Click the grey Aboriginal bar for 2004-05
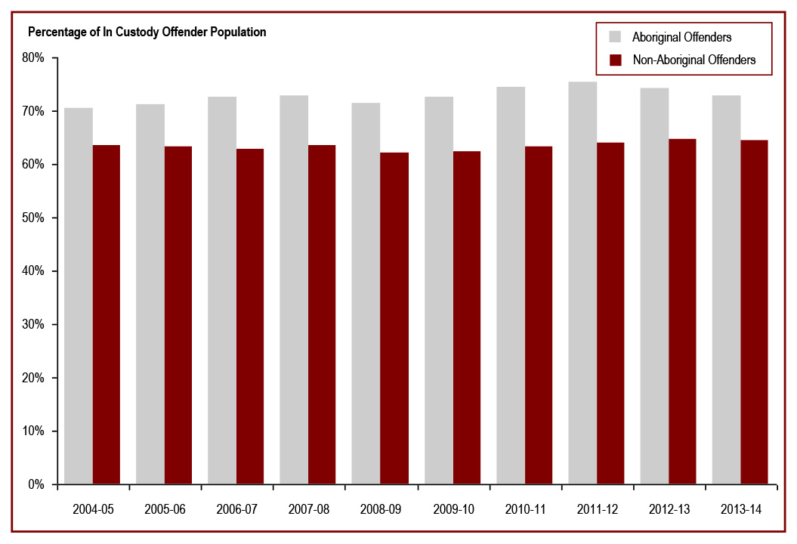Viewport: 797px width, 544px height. [x=79, y=295]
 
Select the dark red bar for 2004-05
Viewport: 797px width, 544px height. [x=107, y=314]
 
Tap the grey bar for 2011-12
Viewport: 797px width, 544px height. [x=582, y=283]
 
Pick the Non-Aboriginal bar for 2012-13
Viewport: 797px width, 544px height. [x=682, y=311]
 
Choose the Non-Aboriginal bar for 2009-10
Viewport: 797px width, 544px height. [x=466, y=317]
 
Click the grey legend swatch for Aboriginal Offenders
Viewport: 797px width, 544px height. [x=615, y=36]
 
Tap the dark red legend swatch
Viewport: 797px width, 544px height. [x=615, y=60]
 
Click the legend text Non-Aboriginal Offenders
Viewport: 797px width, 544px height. [x=694, y=60]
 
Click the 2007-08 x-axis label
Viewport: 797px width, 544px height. [x=308, y=509]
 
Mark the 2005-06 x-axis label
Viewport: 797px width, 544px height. [x=165, y=509]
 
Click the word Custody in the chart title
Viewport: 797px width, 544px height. [x=126, y=32]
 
